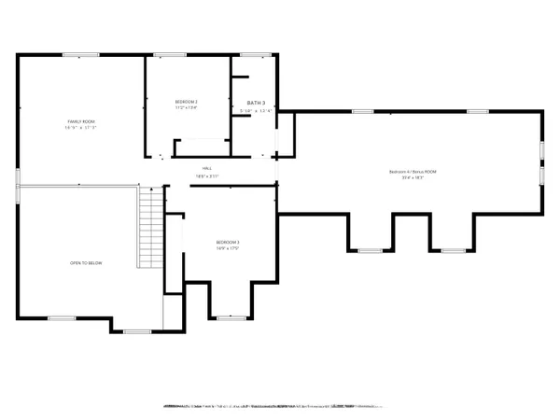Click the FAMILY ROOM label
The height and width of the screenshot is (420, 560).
pyautogui.click(x=80, y=122)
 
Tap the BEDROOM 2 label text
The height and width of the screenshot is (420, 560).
pyautogui.click(x=187, y=101)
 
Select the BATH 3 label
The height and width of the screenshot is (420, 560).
pyautogui.click(x=257, y=103)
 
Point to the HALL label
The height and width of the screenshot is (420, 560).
pyautogui.click(x=220, y=167)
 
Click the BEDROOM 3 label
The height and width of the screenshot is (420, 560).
pyautogui.click(x=227, y=243)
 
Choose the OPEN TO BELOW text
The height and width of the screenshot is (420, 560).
pyautogui.click(x=86, y=263)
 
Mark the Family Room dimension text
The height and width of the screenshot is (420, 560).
pyautogui.click(x=80, y=129)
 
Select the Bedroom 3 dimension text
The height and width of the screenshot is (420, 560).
pyautogui.click(x=227, y=249)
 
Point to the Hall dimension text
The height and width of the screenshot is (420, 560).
pyautogui.click(x=220, y=175)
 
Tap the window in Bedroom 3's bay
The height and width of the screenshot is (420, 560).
pyautogui.click(x=230, y=318)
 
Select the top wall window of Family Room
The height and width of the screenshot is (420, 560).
pyautogui.click(x=75, y=55)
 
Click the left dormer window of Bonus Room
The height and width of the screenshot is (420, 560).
pyautogui.click(x=371, y=250)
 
